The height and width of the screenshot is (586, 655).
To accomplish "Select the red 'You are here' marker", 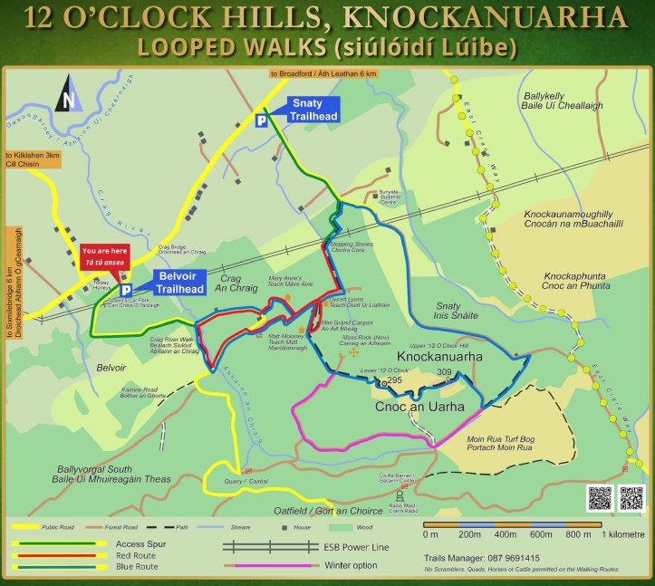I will point(102,255).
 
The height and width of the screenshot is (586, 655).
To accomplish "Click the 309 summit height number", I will point(444,372).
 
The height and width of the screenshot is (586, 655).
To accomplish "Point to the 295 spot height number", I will point(394,380).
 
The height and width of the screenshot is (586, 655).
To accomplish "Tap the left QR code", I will point(600,498).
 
